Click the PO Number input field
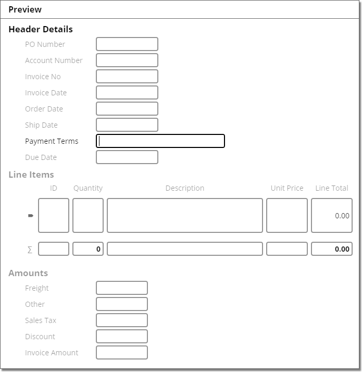click(127, 44)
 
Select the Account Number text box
click(127, 60)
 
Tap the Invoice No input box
click(127, 77)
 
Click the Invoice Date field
click(127, 93)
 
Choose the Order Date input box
click(127, 109)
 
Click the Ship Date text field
click(127, 125)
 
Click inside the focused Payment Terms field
click(160, 141)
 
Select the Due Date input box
click(127, 157)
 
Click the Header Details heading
click(41, 30)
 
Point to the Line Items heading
click(31, 175)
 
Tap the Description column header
click(185, 188)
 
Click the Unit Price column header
click(287, 188)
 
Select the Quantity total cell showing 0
click(88, 249)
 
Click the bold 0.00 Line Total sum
click(332, 249)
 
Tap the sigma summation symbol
click(30, 250)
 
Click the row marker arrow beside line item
click(30, 215)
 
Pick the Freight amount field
click(122, 288)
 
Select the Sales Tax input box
click(122, 320)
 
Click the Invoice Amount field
click(122, 353)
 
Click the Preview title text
click(25, 9)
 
